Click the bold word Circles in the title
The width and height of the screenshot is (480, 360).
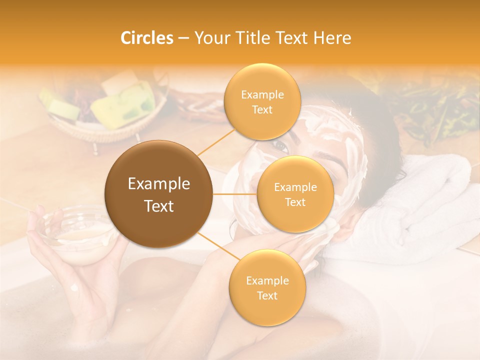pos(147,38)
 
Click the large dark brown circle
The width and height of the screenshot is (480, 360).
pos(158,194)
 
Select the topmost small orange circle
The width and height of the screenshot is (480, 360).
pos(262,101)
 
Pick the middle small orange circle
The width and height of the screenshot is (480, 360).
pos(295,194)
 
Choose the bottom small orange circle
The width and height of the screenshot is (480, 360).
pos(267,287)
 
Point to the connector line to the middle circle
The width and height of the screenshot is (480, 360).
pos(234,193)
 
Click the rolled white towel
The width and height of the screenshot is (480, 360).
pos(430,200)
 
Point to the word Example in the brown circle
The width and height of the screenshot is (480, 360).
pos(158,184)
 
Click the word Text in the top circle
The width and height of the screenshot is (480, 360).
pos(262,109)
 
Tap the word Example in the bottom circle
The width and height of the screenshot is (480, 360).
pos(267,280)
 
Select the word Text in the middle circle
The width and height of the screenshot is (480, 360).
pos(295,202)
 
